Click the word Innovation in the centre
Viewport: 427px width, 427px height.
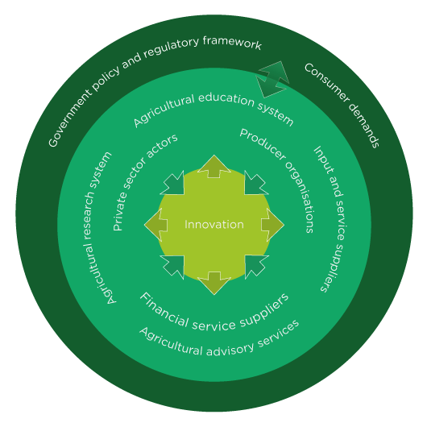pos(214,225)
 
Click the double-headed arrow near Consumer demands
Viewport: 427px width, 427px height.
pos(272,79)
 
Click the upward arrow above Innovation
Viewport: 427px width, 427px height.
pos(214,167)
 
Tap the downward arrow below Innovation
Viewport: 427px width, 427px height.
pos(214,284)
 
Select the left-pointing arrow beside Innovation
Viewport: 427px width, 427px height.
pos(155,225)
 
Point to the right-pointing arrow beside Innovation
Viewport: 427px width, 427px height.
pos(272,225)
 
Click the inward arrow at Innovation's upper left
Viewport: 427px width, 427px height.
pos(173,184)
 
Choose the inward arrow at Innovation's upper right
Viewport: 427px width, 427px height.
pos(255,184)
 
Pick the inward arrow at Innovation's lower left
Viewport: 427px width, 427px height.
pos(173,266)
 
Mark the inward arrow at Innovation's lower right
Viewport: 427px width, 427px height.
pos(255,266)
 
